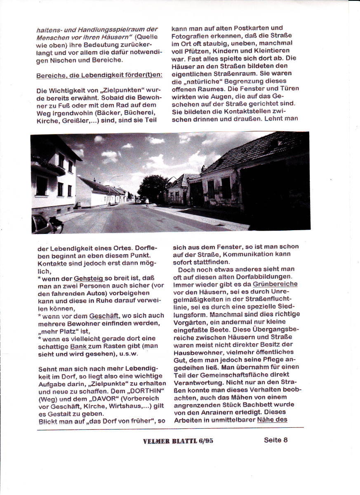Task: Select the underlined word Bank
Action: [79, 346]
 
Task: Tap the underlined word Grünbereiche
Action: [275, 284]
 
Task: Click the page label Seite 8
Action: [275, 440]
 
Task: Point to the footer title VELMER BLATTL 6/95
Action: [178, 441]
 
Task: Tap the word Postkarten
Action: [251, 28]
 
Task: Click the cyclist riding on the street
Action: [147, 202]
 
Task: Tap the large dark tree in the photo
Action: [153, 187]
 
